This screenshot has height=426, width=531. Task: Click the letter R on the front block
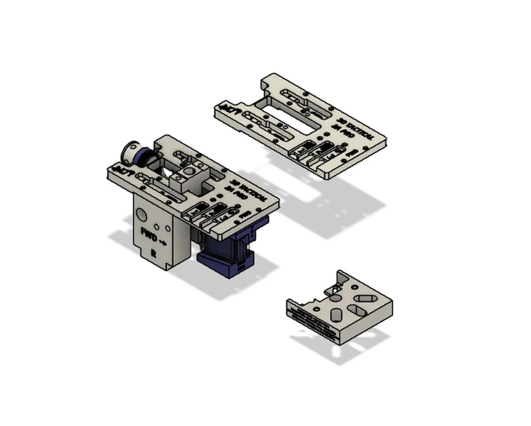[x=153, y=253]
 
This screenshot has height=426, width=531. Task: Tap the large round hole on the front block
[x=141, y=214]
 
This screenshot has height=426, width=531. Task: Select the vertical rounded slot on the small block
[x=336, y=315]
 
